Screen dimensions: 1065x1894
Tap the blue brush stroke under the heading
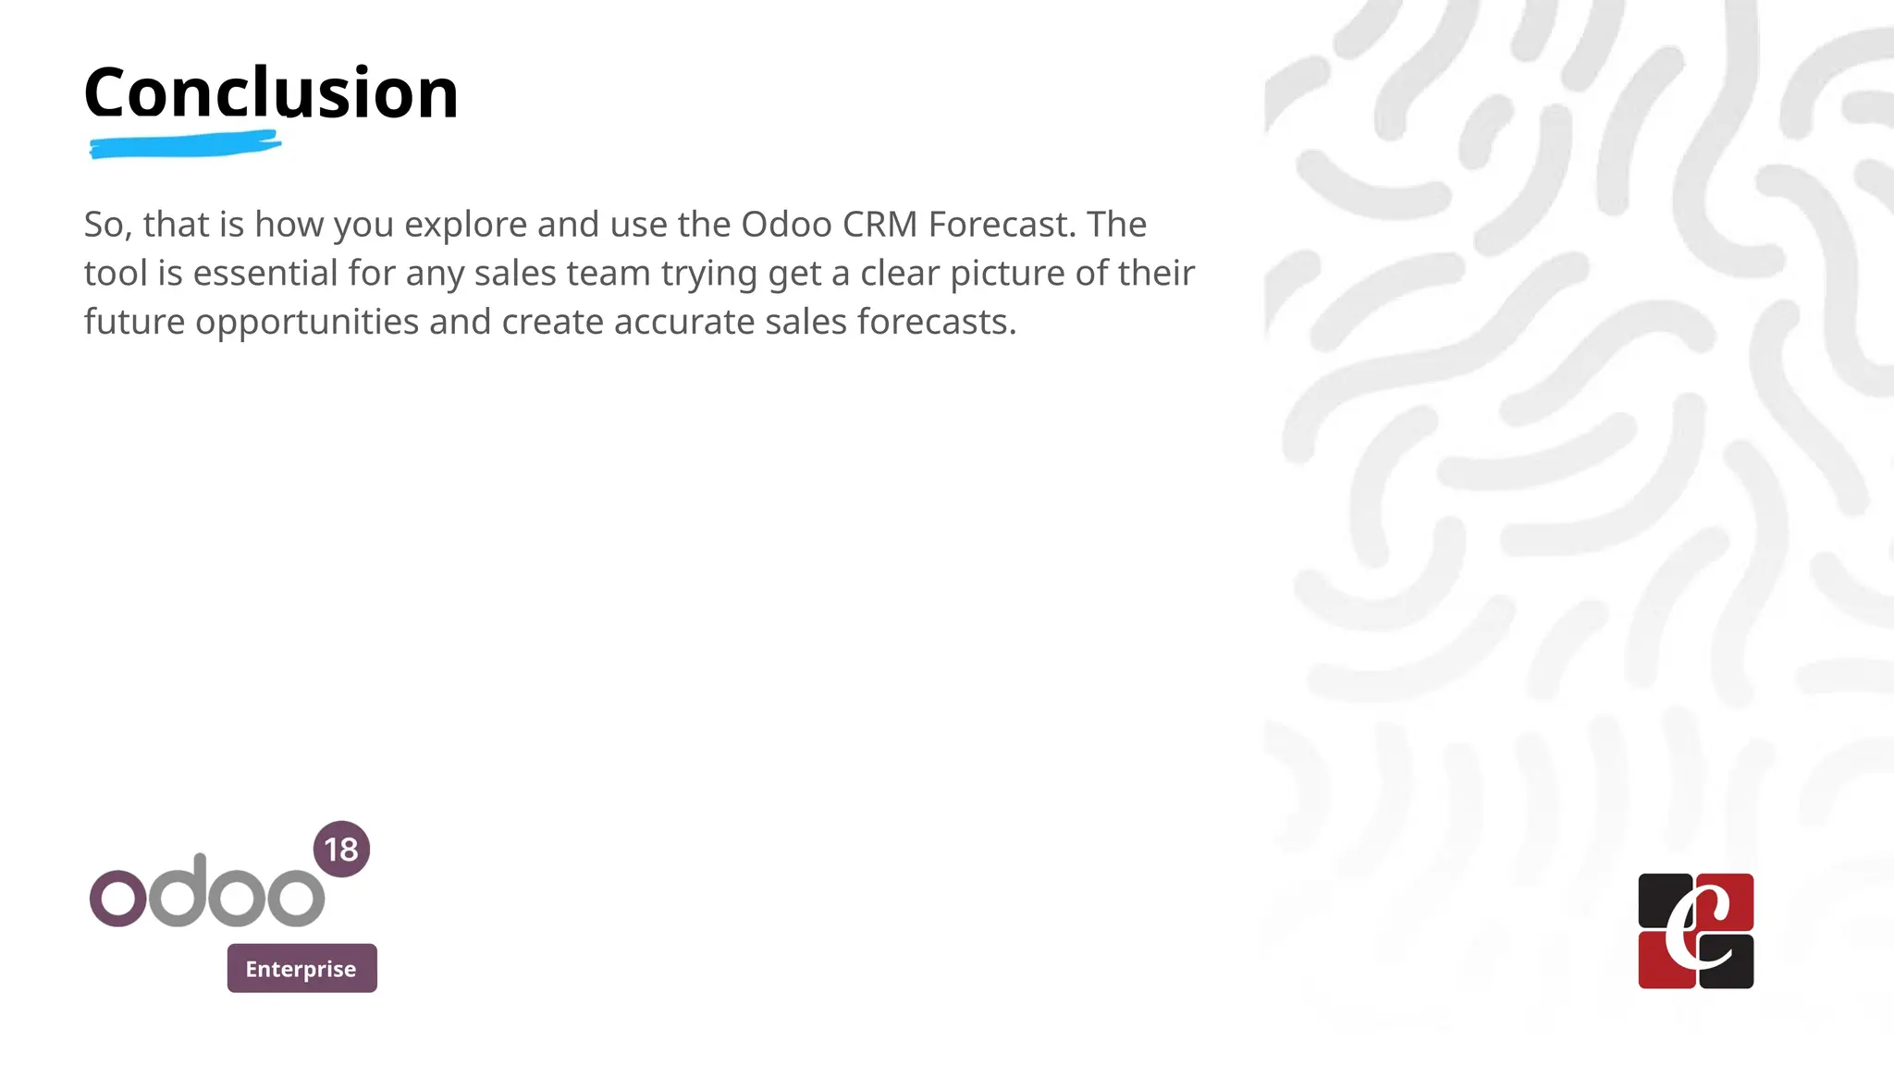tap(185, 145)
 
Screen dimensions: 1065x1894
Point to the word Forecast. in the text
tap(1002, 225)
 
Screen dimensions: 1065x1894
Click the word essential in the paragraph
tap(264, 274)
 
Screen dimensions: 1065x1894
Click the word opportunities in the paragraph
tap(307, 323)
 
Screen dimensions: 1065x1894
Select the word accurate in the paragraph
tap(684, 323)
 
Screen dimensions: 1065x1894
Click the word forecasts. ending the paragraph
tap(936, 323)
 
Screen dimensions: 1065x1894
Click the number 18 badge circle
tap(341, 849)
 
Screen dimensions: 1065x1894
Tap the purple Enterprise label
tap(301, 968)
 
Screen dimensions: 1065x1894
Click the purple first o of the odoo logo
tap(117, 898)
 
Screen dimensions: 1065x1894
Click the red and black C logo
tap(1695, 931)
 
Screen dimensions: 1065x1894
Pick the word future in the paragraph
tap(134, 323)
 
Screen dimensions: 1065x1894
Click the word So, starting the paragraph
tap(107, 225)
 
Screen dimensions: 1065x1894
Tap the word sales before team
tap(515, 274)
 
